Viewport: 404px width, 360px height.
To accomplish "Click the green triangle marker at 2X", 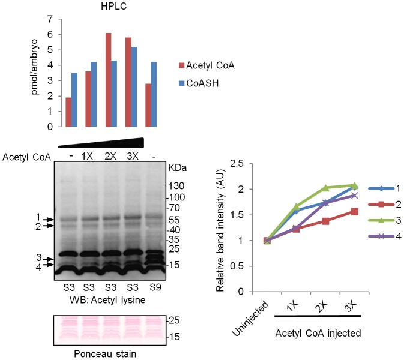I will pos(326,188).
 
